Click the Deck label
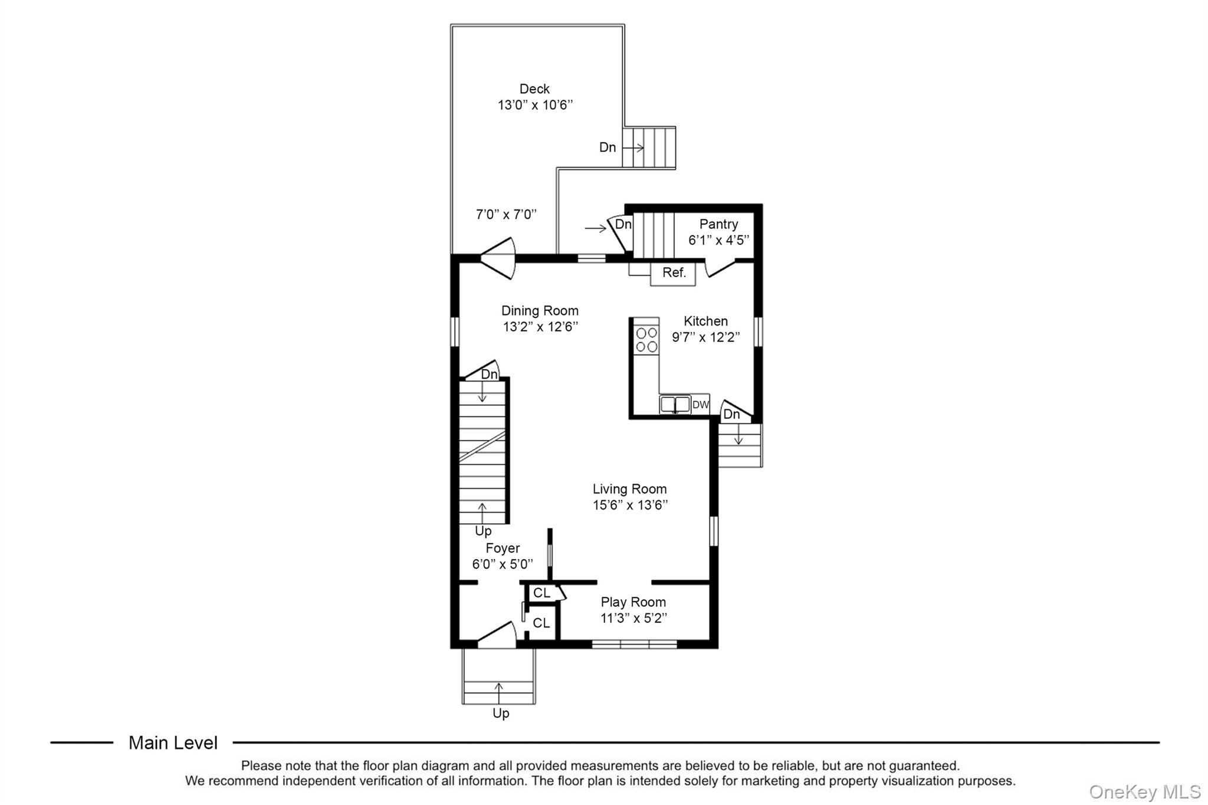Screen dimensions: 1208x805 pos(534,89)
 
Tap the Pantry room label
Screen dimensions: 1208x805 pos(718,224)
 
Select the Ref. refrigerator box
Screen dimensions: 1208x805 pos(673,274)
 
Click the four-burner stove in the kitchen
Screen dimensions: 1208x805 pos(646,340)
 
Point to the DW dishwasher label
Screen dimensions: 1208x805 pos(700,405)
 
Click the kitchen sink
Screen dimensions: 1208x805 pos(675,404)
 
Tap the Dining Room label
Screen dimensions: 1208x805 pos(540,311)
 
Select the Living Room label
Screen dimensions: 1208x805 pos(629,489)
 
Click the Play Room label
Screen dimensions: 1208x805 pos(633,602)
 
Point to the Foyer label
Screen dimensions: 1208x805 pos(503,548)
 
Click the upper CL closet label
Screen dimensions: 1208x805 pos(541,593)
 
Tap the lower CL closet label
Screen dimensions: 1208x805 pos(541,623)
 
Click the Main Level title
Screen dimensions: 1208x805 pos(173,743)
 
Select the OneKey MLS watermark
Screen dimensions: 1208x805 pos(1144,791)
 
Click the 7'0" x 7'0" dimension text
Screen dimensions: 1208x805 pos(506,214)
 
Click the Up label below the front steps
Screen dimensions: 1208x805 pos(501,714)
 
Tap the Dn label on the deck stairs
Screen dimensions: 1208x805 pos(608,147)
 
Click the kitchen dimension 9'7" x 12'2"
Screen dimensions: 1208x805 pos(706,337)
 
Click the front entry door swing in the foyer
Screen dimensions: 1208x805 pos(497,635)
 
